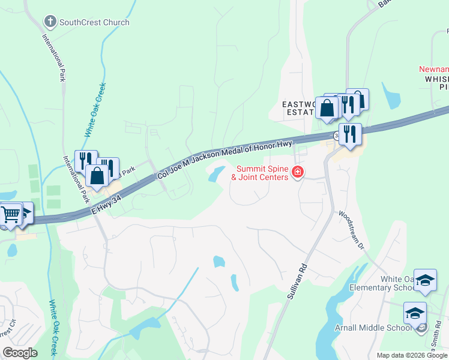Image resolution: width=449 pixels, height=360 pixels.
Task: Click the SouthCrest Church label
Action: coord(94,23)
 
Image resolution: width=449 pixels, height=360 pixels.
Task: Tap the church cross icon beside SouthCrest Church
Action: coord(50,23)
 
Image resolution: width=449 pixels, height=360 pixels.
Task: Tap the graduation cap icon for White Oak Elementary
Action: coord(425,281)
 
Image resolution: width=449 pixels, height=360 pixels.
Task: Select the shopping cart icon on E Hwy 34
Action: coord(11,214)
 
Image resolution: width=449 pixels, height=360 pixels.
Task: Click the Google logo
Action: coord(20,353)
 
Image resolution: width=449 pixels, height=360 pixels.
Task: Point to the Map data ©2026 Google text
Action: coord(412,355)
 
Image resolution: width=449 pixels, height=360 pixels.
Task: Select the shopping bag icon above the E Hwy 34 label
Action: coord(97,175)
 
